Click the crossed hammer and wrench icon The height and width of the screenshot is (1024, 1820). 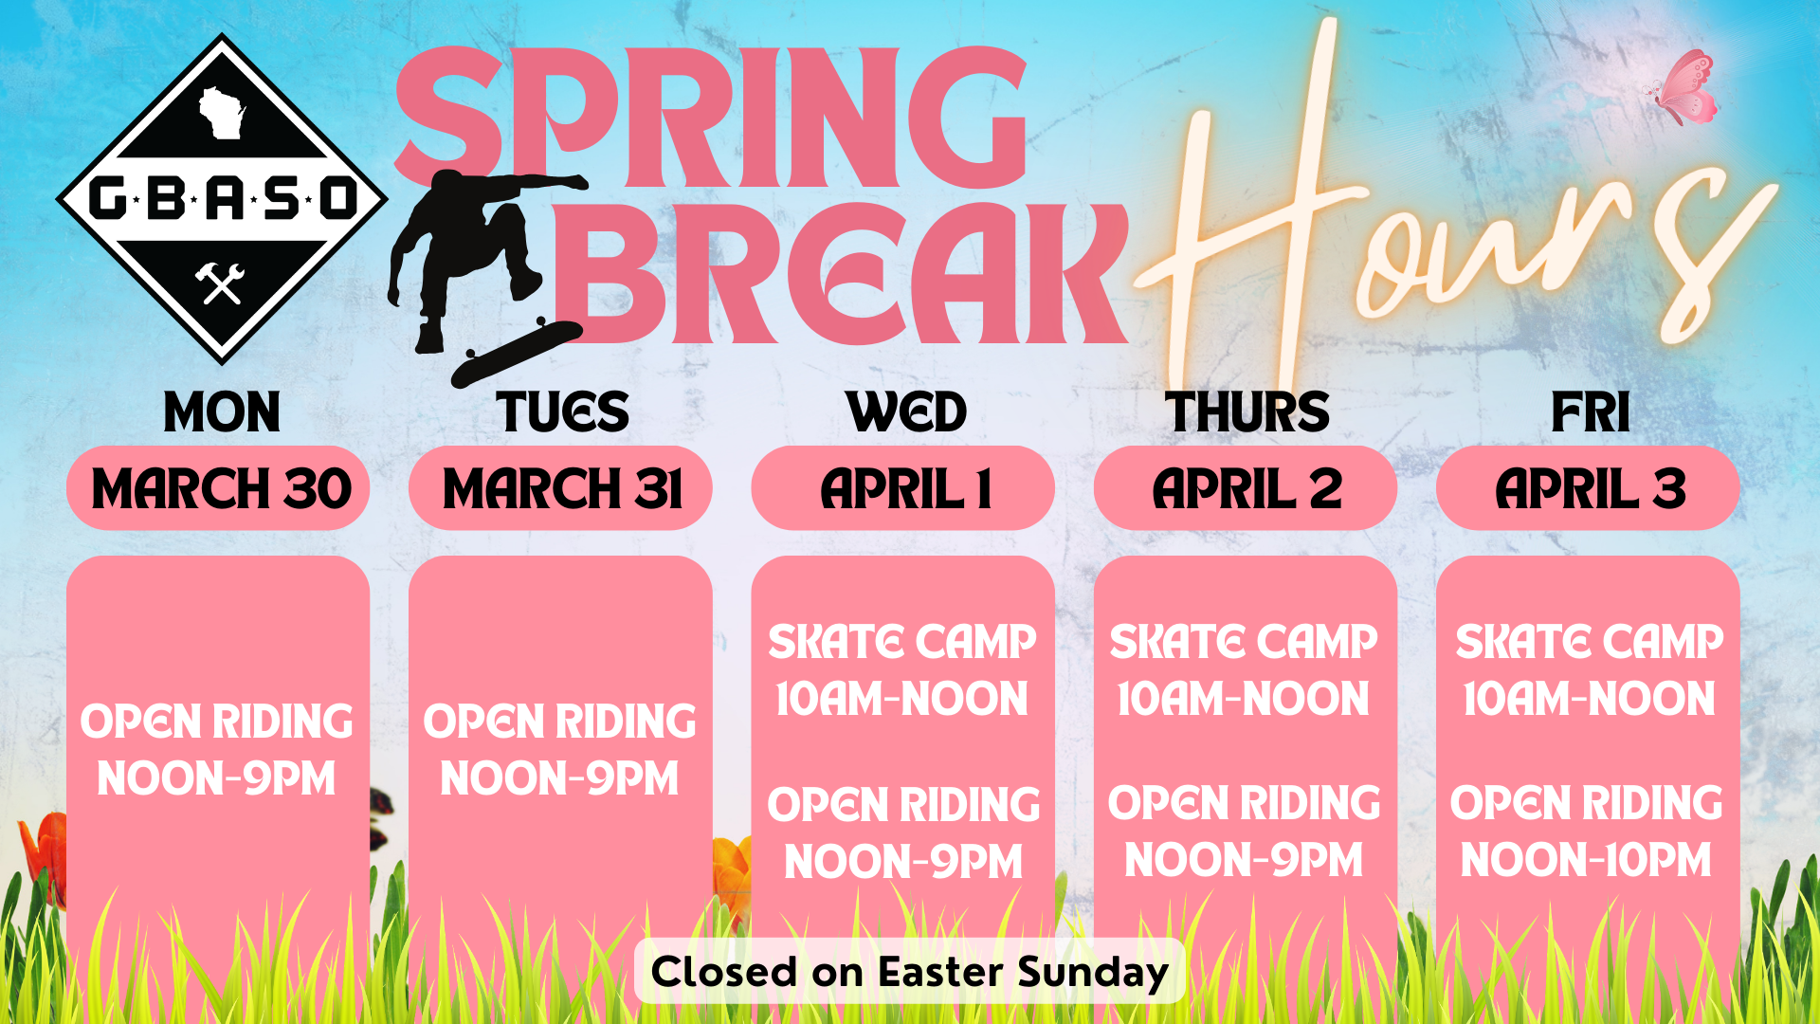221,283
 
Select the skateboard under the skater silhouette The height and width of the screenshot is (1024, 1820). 517,352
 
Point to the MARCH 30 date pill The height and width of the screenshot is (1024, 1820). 218,488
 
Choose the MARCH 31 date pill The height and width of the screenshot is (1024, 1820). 560,488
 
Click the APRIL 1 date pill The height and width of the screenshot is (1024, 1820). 902,488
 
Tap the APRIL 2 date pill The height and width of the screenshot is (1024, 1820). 1246,488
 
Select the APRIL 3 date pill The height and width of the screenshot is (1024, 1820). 1588,488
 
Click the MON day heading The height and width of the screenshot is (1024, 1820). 222,412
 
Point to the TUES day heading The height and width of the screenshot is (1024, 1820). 562,412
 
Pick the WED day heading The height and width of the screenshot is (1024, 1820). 906,412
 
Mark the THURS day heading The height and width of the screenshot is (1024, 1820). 1247,412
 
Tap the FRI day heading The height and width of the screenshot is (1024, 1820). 1590,412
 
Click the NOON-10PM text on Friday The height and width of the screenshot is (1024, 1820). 1586,861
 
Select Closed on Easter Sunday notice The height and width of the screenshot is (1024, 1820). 909,972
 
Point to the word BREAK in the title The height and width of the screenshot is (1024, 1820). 839,275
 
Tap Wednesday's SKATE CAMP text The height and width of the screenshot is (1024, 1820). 902,642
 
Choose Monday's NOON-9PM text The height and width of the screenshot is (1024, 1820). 217,779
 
